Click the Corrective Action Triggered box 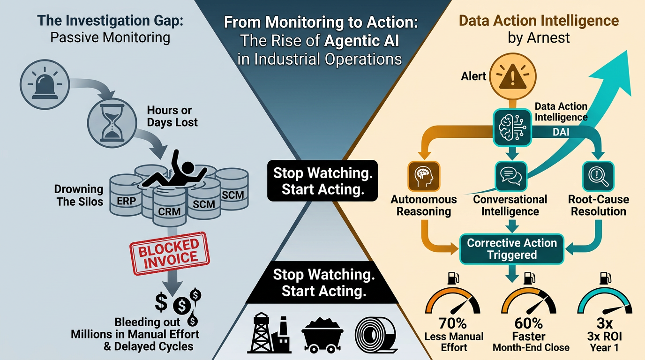[x=511, y=248]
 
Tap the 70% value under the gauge [x=454, y=323]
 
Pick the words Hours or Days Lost [x=172, y=116]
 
